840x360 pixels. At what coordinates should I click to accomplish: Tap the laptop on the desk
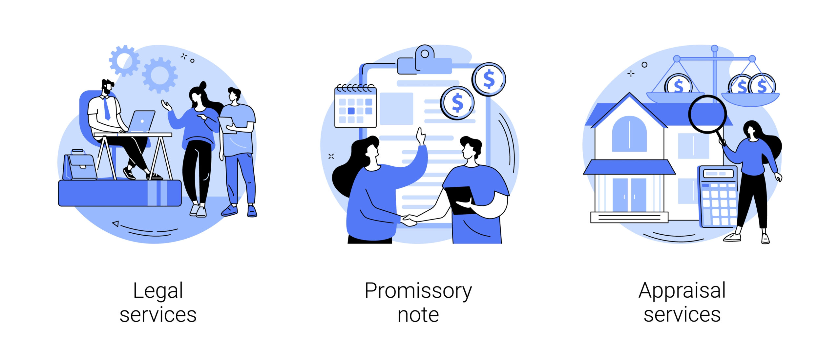click(x=140, y=121)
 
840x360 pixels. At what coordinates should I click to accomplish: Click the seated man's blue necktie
click(x=107, y=108)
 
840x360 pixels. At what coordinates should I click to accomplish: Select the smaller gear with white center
click(x=124, y=61)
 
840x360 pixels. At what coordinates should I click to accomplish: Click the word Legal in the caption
click(x=158, y=291)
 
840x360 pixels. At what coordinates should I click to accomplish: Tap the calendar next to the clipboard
click(x=355, y=106)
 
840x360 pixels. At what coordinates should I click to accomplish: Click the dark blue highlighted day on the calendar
click(x=351, y=111)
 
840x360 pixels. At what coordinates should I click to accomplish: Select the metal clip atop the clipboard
click(x=425, y=61)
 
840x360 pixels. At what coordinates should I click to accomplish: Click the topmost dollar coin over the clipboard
click(x=489, y=79)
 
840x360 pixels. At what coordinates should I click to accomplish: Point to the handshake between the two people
click(x=409, y=220)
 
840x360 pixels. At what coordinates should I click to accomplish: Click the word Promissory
click(x=418, y=291)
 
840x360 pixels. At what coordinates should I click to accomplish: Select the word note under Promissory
click(x=418, y=315)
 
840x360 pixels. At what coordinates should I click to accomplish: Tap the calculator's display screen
click(x=718, y=173)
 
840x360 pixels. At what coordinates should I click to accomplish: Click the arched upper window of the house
click(x=629, y=134)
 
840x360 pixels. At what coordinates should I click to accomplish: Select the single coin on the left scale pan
click(x=678, y=84)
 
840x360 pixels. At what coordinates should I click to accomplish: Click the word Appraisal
click(x=682, y=291)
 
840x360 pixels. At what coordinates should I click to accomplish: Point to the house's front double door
click(x=629, y=195)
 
